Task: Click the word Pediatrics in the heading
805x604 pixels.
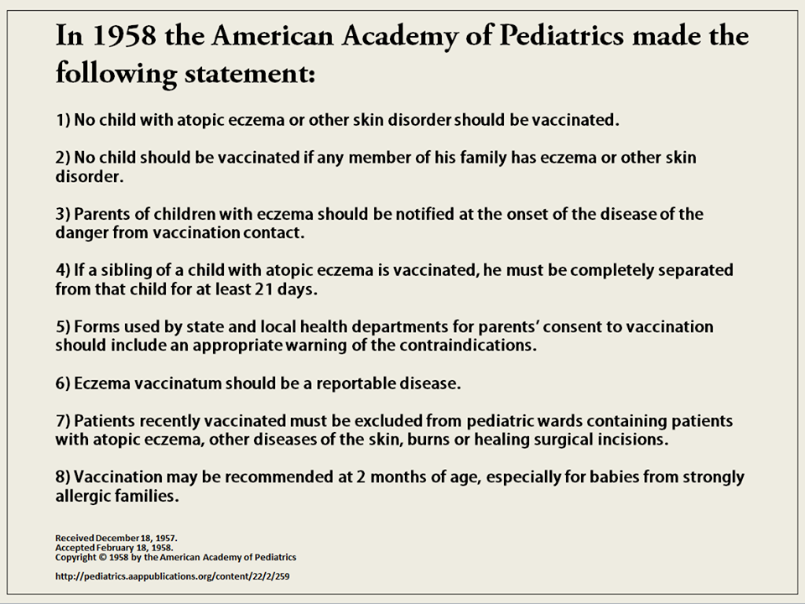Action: [x=562, y=36]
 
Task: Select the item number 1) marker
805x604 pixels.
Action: [x=63, y=120]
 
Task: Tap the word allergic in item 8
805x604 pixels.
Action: [x=80, y=496]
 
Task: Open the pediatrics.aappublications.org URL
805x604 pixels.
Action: [x=173, y=577]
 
